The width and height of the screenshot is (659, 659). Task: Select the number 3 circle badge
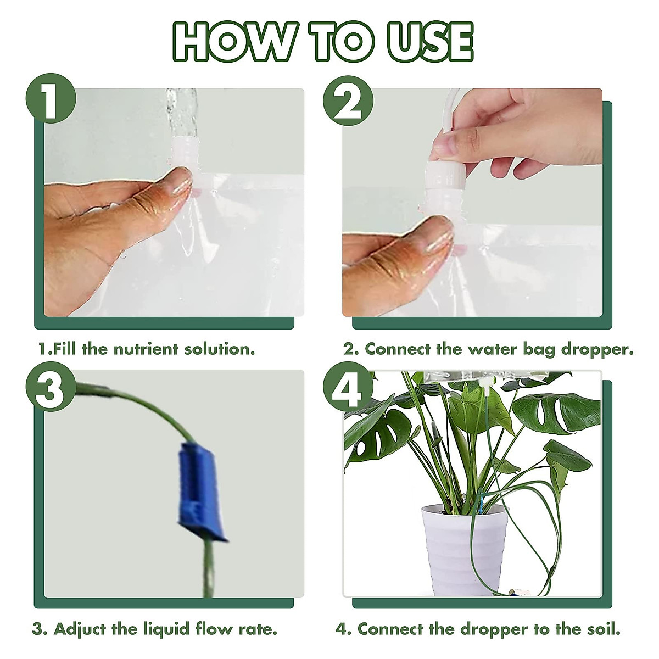point(51,390)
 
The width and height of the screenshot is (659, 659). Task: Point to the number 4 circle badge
point(348,390)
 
